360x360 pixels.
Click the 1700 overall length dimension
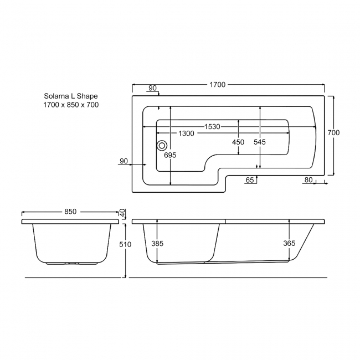[x=217, y=85]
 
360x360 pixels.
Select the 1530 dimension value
[x=212, y=127]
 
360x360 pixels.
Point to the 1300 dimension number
[x=186, y=134]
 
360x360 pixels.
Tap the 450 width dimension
[x=238, y=142]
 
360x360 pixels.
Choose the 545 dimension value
[x=260, y=142]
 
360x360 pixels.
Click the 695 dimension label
[x=170, y=156]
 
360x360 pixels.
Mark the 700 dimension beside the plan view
[x=333, y=133]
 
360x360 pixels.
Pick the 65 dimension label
[x=249, y=180]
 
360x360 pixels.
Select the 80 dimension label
[x=308, y=180]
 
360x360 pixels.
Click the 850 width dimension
[x=70, y=212]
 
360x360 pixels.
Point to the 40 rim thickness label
[x=122, y=213]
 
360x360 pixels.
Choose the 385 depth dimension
[x=158, y=243]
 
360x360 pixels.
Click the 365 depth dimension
[x=289, y=243]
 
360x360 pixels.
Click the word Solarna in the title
[x=56, y=96]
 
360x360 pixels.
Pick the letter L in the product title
[x=73, y=96]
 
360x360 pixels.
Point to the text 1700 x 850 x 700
[x=71, y=105]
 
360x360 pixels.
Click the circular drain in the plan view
[x=162, y=146]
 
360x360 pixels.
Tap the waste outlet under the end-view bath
[x=71, y=263]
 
